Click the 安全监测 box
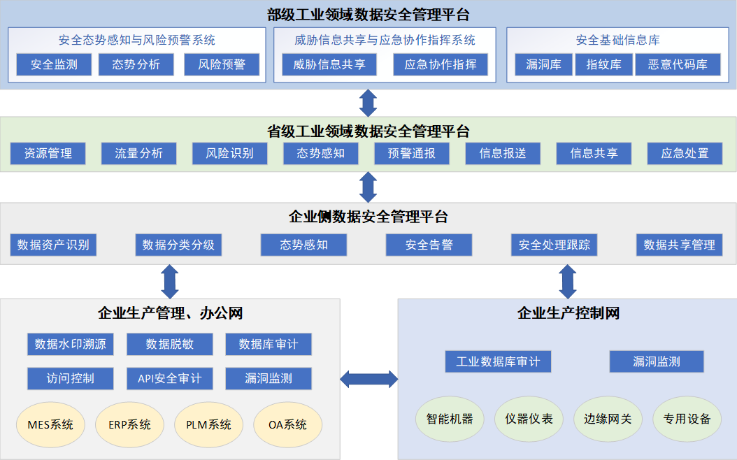click(x=54, y=65)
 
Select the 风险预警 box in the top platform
click(x=222, y=65)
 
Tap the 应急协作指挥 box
click(x=440, y=65)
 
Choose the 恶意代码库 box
click(x=677, y=65)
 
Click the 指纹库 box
click(x=603, y=65)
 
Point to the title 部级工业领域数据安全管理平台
click(x=368, y=14)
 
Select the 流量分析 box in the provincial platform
click(x=138, y=153)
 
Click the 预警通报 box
click(x=411, y=153)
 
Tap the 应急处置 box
click(x=685, y=153)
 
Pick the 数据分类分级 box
click(x=178, y=245)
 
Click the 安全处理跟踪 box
click(x=554, y=245)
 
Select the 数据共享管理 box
click(x=679, y=245)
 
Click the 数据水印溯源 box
click(x=71, y=344)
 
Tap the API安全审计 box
click(x=169, y=379)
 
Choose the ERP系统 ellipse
click(x=129, y=424)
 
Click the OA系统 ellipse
click(x=287, y=424)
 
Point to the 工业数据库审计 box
click(x=498, y=361)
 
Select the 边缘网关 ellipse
click(x=607, y=419)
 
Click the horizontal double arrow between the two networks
click(x=368, y=380)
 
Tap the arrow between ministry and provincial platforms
click(x=368, y=103)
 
